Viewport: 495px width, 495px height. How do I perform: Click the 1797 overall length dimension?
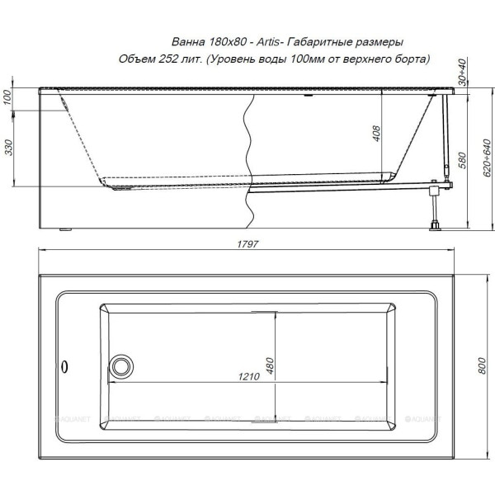247,244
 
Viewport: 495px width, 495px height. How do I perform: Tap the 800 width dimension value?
482,366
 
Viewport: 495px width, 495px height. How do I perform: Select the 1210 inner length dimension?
249,376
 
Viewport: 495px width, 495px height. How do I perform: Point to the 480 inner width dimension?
270,365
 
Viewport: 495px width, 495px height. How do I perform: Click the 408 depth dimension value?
376,133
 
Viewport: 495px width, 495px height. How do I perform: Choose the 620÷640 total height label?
487,158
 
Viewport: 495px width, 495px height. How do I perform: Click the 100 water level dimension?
7,97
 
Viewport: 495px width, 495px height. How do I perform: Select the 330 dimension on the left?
9,148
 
